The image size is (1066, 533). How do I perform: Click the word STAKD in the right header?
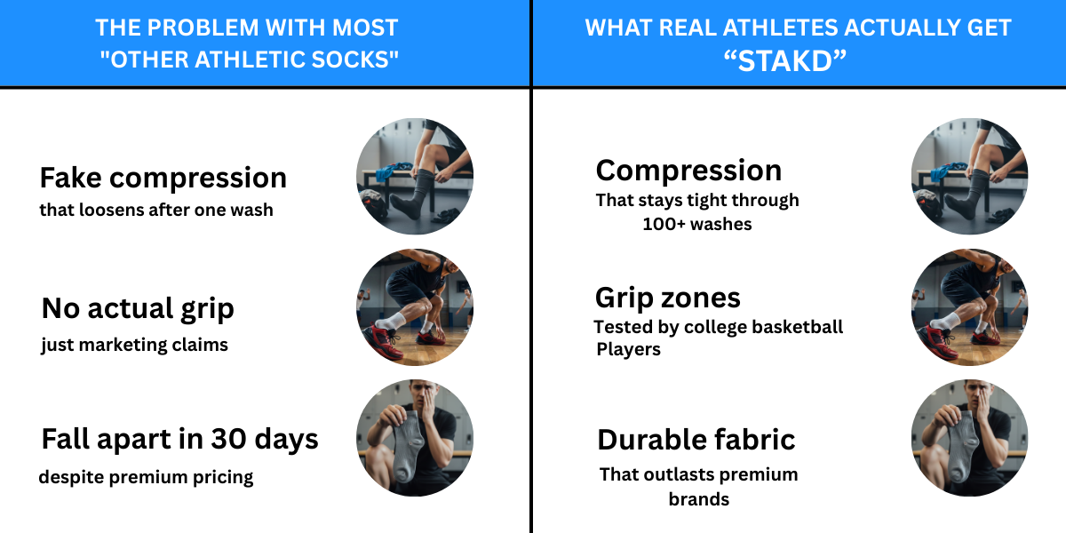pos(785,61)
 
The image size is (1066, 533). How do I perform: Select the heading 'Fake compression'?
pos(163,178)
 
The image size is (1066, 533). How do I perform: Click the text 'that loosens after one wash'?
pos(156,210)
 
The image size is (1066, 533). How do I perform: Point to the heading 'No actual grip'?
pos(138,308)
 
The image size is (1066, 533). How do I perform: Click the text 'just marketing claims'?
pos(135,345)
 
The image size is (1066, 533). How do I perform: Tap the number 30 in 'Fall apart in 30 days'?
pos(229,439)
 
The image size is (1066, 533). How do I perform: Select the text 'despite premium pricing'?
pos(146,477)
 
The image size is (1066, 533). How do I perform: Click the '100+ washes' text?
pos(697,224)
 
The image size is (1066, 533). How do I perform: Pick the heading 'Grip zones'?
pos(668,298)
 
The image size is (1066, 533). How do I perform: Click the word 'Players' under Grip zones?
pos(628,349)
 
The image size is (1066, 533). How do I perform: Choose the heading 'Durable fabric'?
pos(696,440)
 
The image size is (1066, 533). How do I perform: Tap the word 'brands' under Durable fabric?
pos(698,499)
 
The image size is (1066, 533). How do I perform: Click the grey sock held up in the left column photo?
pos(407,445)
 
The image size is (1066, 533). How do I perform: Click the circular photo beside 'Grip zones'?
pos(969,307)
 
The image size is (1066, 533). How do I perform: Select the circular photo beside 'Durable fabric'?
pos(969,438)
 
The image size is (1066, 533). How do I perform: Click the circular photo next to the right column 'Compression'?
pos(969,177)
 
